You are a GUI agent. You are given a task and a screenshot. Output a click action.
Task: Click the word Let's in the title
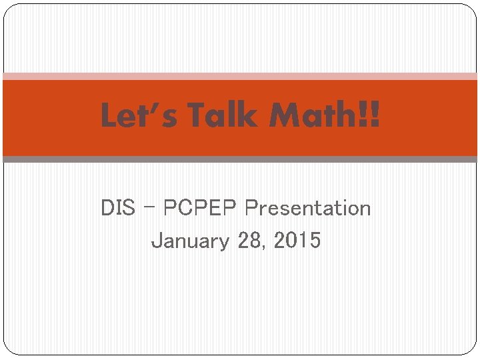pyautogui.click(x=139, y=116)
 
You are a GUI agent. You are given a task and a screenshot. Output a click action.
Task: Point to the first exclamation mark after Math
pyautogui.click(x=363, y=116)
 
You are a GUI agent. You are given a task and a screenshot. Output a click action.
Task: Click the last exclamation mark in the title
pyautogui.click(x=375, y=116)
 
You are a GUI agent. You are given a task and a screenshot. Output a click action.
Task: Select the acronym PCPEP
pyautogui.click(x=200, y=208)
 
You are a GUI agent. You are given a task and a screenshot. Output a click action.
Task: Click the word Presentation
pyautogui.click(x=307, y=208)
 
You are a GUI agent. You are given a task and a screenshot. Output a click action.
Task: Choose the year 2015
pyautogui.click(x=297, y=240)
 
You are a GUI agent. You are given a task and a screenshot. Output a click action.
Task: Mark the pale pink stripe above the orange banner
pyautogui.click(x=240, y=76)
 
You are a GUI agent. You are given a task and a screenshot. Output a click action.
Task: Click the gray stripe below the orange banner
pyautogui.click(x=240, y=159)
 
